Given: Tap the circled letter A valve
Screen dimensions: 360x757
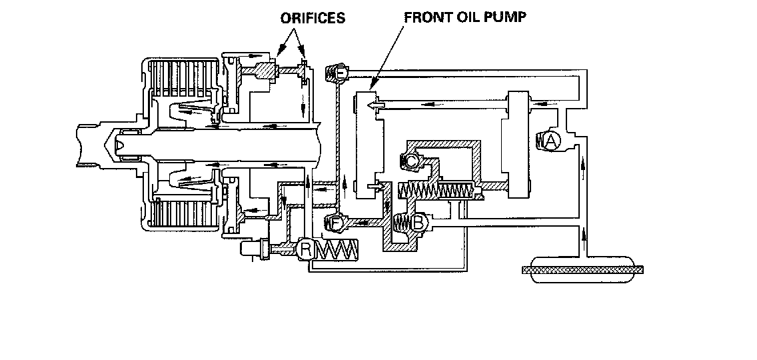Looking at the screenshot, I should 552,141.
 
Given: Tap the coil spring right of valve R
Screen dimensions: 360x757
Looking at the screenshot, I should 338,251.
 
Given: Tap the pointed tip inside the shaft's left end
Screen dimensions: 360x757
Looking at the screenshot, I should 120,143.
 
